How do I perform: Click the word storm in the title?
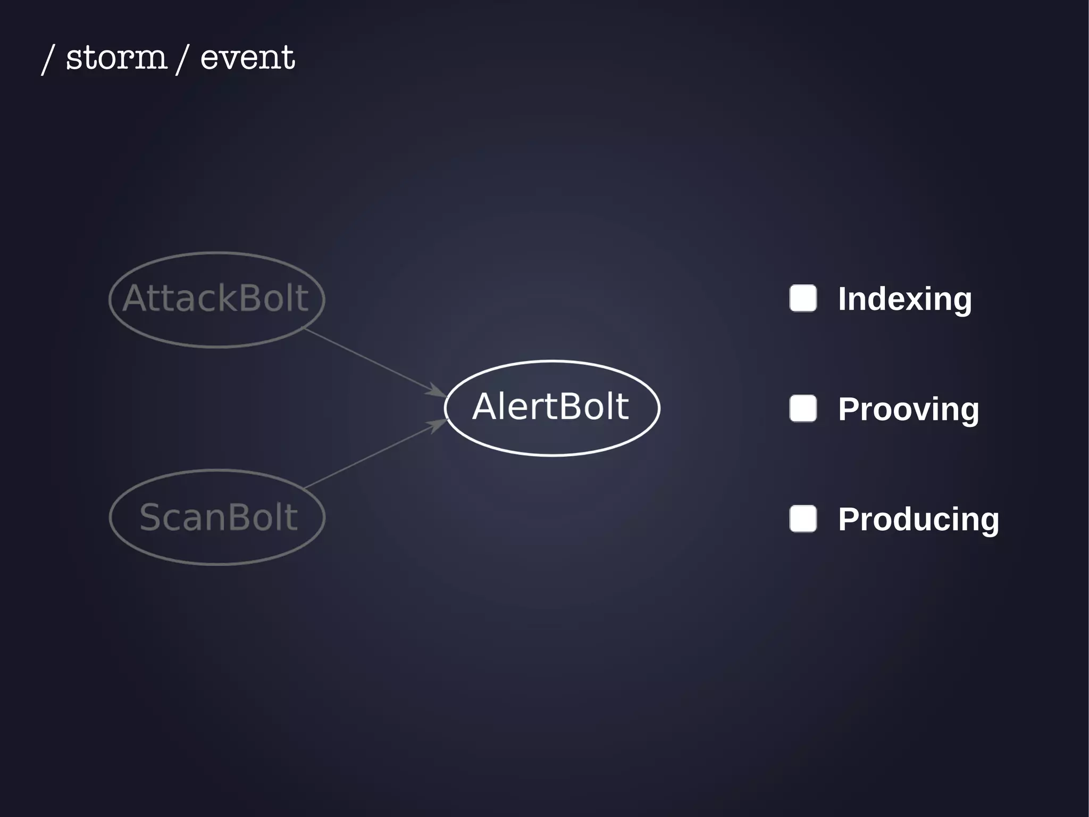[116, 57]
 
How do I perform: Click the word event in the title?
[247, 57]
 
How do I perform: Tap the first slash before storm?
[48, 59]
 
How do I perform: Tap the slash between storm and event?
[182, 59]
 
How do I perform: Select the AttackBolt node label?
[215, 298]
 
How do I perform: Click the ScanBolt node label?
[218, 517]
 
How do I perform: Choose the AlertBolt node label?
[550, 407]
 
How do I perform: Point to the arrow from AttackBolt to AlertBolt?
[372, 361]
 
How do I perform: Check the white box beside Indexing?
[803, 298]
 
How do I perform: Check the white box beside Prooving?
[803, 408]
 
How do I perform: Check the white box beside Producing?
[803, 518]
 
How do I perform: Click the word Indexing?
[904, 299]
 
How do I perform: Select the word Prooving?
[908, 409]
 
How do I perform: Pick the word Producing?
[918, 519]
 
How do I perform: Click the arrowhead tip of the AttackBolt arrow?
[446, 396]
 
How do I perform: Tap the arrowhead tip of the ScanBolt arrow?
[447, 420]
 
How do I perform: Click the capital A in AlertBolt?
[485, 407]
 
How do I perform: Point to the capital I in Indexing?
[842, 299]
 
